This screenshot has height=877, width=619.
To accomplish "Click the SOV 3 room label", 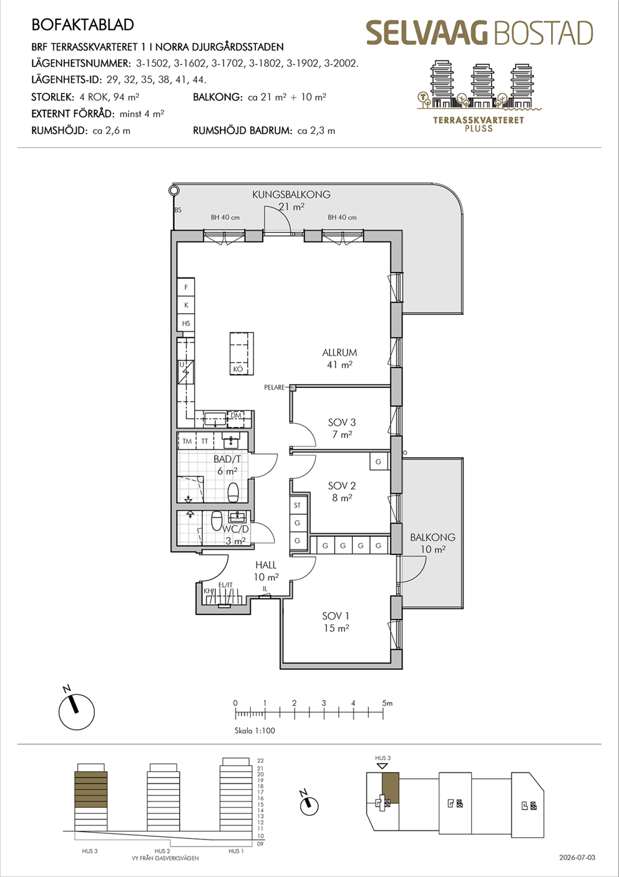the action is tap(341, 422).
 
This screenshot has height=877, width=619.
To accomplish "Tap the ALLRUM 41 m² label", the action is tap(339, 358).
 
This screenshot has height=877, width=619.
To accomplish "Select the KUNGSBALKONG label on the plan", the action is tap(291, 194).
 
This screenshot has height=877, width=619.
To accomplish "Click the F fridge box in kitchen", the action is tap(186, 287).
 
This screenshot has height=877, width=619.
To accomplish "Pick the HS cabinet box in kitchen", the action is tap(186, 323).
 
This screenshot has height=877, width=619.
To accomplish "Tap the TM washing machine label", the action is tap(187, 441).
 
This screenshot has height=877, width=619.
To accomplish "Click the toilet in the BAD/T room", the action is tap(233, 492).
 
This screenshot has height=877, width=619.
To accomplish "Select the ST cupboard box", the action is tap(298, 505).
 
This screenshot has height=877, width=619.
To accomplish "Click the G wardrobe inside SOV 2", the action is tap(378, 462).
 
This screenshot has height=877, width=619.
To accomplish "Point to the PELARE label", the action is tap(274, 387).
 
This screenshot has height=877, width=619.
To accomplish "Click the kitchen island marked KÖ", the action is tap(241, 354).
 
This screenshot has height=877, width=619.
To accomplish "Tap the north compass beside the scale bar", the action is tap(76, 709).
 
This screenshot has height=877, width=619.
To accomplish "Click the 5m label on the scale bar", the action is tap(387, 704).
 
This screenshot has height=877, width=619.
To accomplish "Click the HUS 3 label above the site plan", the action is tap(383, 758).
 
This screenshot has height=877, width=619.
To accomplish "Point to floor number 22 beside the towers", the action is tap(260, 761).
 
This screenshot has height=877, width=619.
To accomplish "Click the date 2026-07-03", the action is tap(577, 858).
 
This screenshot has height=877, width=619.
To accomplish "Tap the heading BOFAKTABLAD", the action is tap(82, 25).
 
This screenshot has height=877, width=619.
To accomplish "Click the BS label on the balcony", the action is tap(178, 210).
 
